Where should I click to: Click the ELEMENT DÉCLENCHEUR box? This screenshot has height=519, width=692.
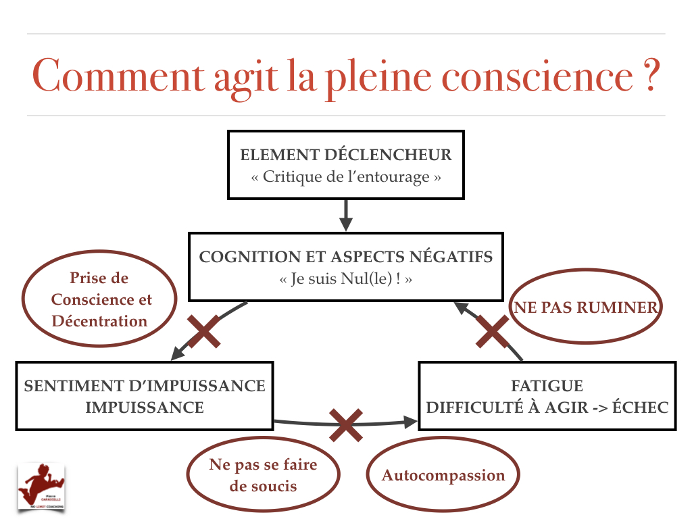[x=345, y=165]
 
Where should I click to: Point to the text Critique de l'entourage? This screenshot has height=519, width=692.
[x=345, y=177]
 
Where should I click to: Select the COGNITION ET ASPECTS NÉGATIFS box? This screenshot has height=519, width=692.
[x=345, y=267]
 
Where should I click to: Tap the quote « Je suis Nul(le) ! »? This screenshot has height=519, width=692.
[x=345, y=279]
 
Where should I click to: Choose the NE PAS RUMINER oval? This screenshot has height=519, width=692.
[x=585, y=308]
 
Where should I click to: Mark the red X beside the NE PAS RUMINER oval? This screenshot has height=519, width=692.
[x=492, y=331]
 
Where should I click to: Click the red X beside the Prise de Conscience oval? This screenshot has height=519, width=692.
[x=203, y=331]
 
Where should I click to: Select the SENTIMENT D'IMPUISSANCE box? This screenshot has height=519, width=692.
[x=144, y=396]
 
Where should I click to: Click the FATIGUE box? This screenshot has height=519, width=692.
[x=547, y=396]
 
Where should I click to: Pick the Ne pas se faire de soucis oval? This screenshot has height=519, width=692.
[x=263, y=475]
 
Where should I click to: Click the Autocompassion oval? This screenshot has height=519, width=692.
[x=443, y=475]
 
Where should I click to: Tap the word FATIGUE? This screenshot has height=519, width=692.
[x=547, y=387]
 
